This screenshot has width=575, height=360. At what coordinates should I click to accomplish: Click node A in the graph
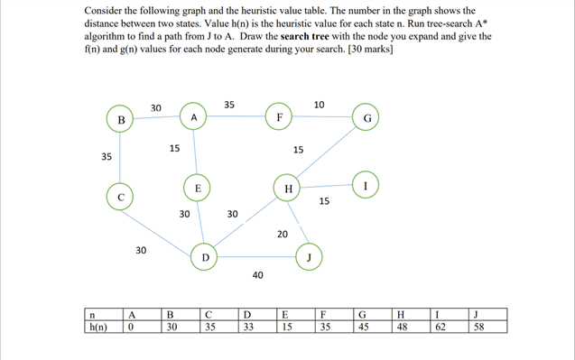coord(194,118)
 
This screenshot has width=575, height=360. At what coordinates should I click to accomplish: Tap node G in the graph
coord(366,118)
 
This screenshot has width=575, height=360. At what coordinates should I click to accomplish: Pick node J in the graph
coord(310,256)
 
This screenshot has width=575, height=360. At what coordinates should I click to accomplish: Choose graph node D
coord(205,257)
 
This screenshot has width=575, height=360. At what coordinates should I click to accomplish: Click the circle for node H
coord(288,189)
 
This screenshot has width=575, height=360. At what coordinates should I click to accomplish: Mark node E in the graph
coord(197,188)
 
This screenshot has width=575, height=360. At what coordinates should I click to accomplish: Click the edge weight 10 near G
coord(320,106)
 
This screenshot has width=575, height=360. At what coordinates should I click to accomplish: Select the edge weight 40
coord(257,274)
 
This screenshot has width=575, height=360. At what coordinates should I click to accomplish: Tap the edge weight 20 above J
coord(283,234)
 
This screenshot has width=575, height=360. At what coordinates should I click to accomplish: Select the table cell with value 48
coord(411,328)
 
